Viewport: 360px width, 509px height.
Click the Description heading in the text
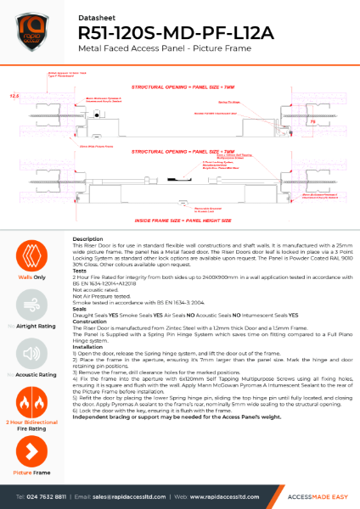[88, 239]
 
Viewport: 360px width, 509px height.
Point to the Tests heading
[82, 272]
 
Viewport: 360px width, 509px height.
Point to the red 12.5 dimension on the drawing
[14, 97]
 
